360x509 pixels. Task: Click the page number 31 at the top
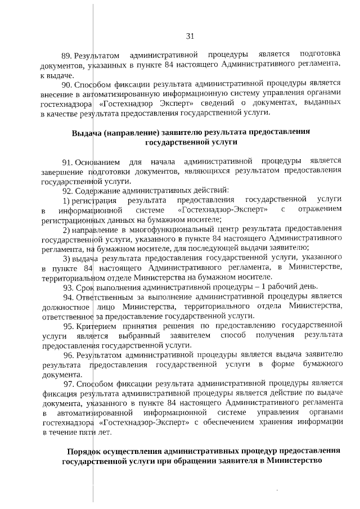tap(190, 37)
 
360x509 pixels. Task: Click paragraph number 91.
tap(67, 162)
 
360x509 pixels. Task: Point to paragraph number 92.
tap(67, 190)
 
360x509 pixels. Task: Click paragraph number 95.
tap(68, 325)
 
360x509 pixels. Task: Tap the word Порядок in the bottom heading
tap(85, 451)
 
